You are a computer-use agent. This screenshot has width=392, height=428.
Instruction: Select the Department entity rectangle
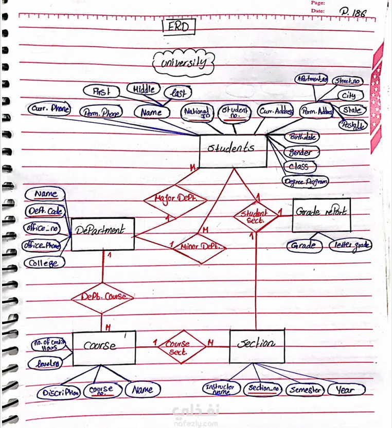pyautogui.click(x=102, y=234)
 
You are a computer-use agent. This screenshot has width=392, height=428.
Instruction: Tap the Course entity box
pyautogui.click(x=103, y=347)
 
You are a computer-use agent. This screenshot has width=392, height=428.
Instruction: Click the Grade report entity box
pyautogui.click(x=321, y=215)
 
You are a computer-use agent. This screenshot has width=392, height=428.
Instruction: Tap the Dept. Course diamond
pyautogui.click(x=102, y=297)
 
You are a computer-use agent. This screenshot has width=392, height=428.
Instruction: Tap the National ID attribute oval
pyautogui.click(x=197, y=112)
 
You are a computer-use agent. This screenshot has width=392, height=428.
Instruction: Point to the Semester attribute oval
pyautogui.click(x=305, y=390)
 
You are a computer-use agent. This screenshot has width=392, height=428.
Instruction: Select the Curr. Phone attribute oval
pyautogui.click(x=49, y=109)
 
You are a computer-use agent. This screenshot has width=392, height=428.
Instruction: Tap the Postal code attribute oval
pyautogui.click(x=352, y=124)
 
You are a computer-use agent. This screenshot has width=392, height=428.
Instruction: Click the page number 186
pyautogui.click(x=353, y=12)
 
